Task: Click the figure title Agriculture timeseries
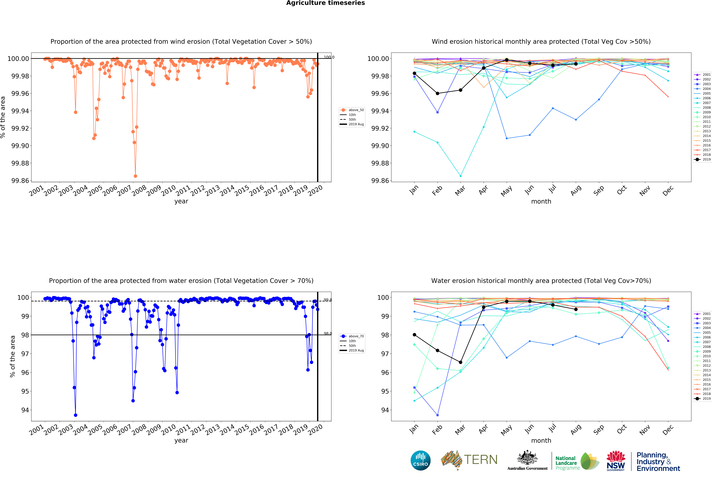point(325,3)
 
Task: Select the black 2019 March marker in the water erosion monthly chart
point(461,362)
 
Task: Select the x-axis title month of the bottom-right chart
point(541,441)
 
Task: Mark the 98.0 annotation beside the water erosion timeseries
point(328,334)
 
